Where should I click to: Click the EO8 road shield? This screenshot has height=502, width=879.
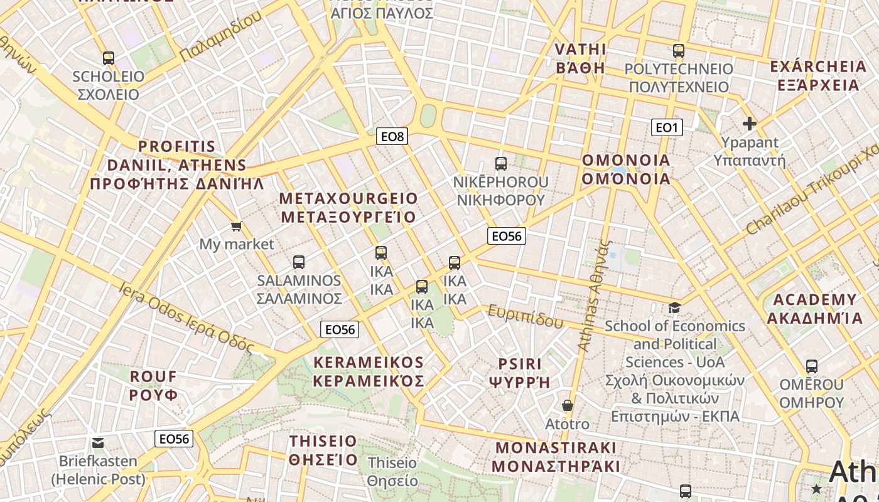(392, 136)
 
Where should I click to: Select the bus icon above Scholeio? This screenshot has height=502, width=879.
(109, 58)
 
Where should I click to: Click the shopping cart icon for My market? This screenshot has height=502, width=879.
(237, 226)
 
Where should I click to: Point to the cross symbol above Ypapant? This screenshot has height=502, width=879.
(749, 124)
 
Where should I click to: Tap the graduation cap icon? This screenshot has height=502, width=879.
(674, 307)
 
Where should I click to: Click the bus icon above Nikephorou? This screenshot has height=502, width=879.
(501, 164)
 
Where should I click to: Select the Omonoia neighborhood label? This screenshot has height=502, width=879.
(626, 169)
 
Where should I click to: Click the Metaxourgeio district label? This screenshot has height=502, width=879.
(348, 208)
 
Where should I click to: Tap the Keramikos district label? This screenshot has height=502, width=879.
(369, 371)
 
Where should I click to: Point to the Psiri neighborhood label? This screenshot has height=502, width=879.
(519, 373)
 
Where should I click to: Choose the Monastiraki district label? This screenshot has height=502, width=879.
(556, 457)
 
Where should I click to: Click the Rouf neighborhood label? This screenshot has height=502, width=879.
(154, 385)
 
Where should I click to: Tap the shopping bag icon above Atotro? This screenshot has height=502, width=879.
(568, 406)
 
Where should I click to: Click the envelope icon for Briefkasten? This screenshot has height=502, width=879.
(98, 443)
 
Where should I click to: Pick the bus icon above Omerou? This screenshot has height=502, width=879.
(811, 366)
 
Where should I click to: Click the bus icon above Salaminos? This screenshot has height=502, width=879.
(299, 262)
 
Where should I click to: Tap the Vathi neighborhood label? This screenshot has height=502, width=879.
(581, 58)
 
